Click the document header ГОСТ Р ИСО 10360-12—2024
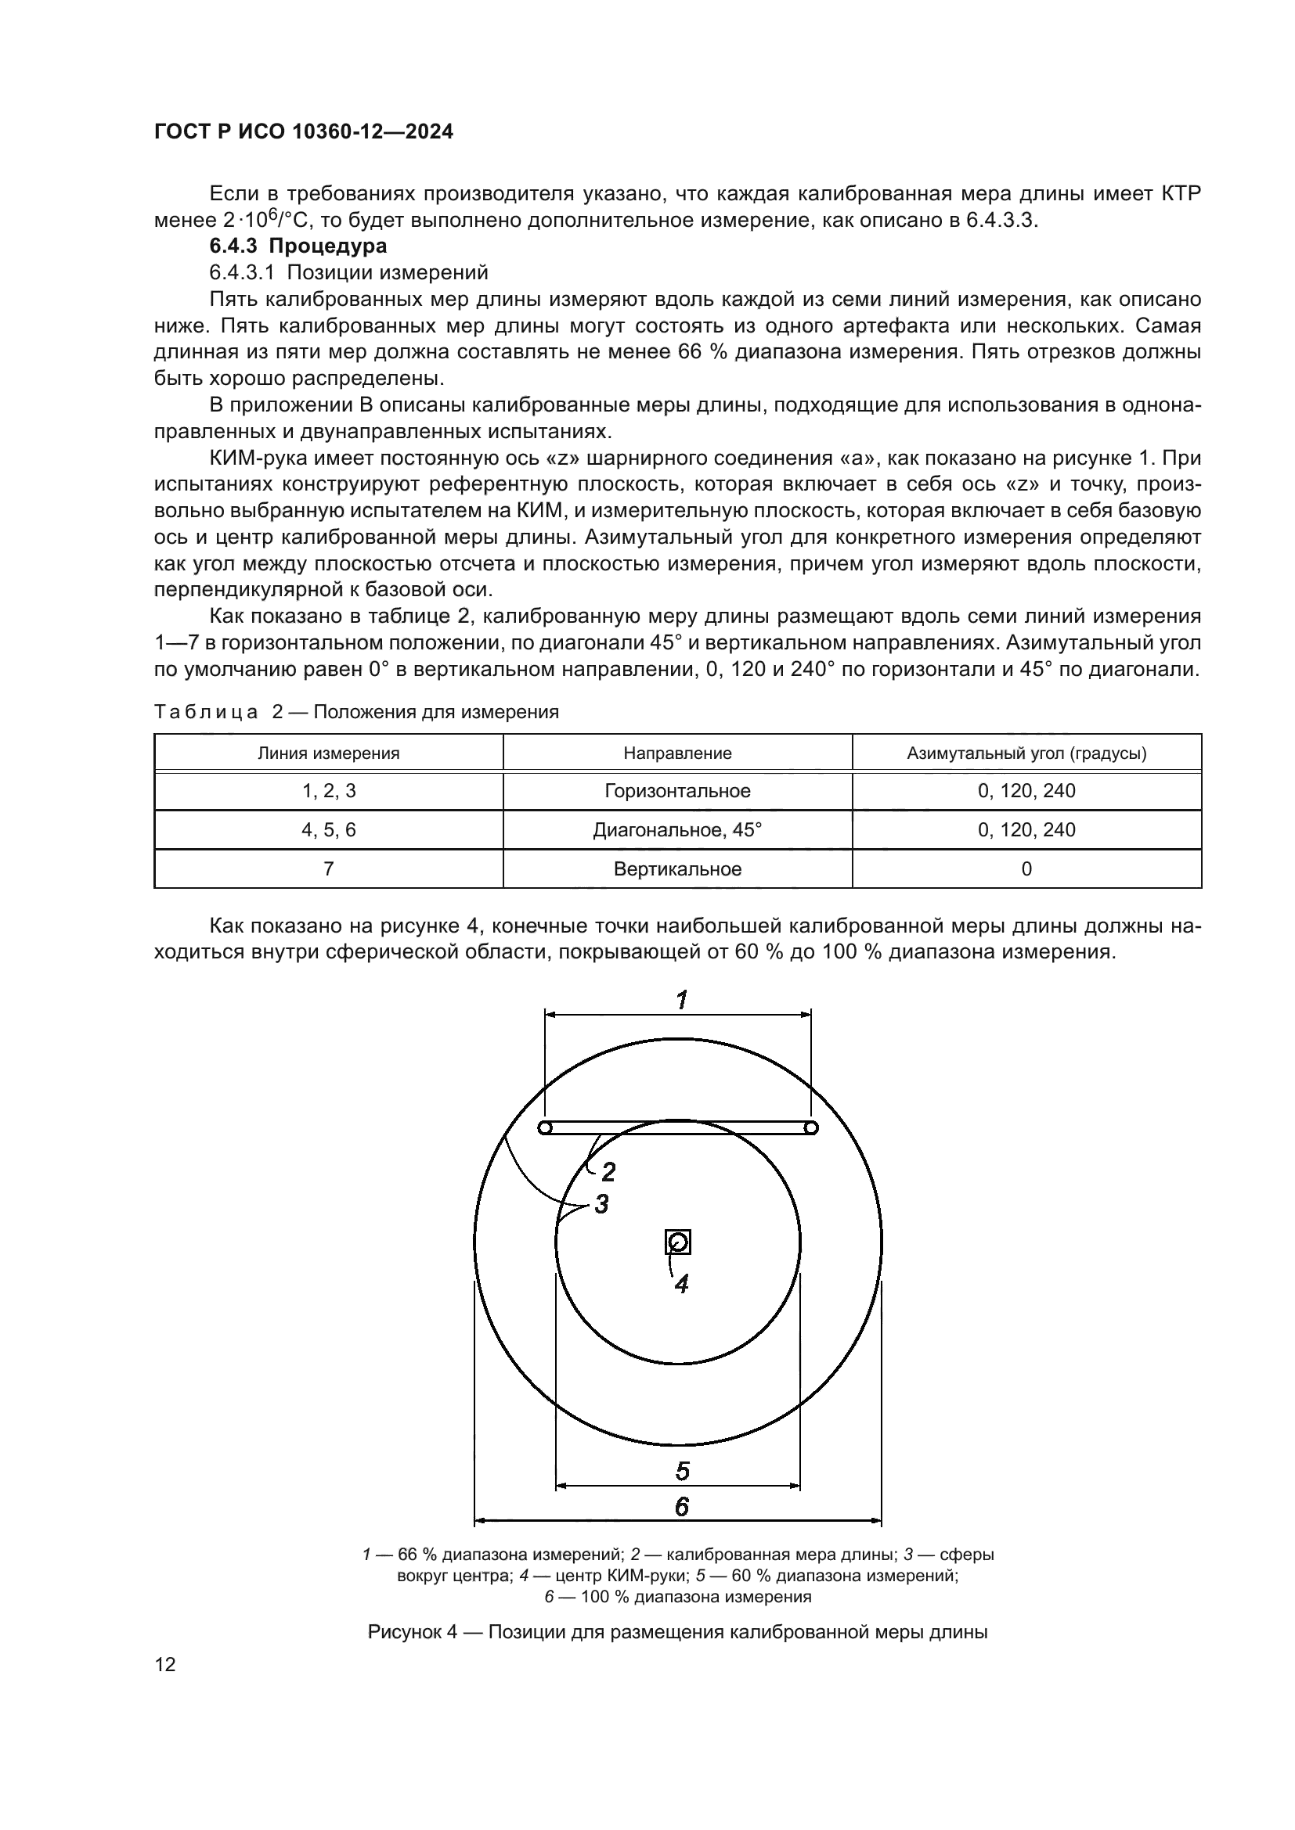pos(303,131)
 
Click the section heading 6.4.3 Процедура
pos(298,246)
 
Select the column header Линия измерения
pos(328,753)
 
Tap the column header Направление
pos(677,753)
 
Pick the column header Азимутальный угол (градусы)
pos(1026,753)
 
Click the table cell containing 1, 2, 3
pos(328,791)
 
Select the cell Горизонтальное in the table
pos(677,791)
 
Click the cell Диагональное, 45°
pos(677,829)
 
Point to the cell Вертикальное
pos(677,868)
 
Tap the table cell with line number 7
pos(328,868)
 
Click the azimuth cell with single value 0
pos(1026,868)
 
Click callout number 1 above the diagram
pos(682,999)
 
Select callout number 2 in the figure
pos(608,1172)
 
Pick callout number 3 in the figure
pos(601,1203)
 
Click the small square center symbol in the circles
pos(678,1242)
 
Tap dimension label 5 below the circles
pos(682,1472)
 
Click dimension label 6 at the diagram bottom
pos(682,1506)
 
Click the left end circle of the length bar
pos(546,1128)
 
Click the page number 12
pos(165,1664)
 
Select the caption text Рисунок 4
pos(413,1631)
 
